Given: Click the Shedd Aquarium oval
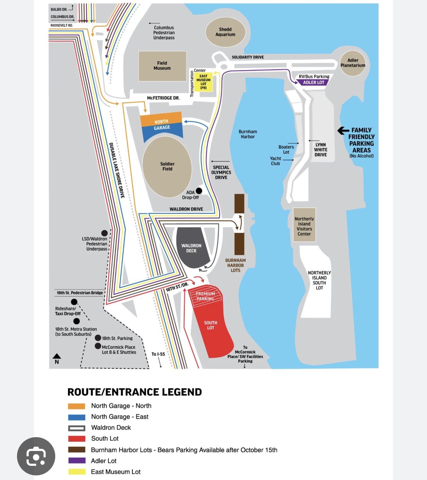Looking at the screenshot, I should click(225, 32).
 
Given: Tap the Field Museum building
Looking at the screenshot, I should click(162, 66).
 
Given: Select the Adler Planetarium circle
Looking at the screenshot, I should click(353, 63).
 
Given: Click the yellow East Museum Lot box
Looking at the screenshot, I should click(203, 82).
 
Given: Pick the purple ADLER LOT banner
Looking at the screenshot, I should click(314, 83).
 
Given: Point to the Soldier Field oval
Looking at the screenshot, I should click(167, 166).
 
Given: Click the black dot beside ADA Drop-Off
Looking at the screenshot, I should click(199, 191).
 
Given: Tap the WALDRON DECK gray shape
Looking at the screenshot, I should click(191, 248).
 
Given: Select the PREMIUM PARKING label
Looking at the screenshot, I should click(205, 296).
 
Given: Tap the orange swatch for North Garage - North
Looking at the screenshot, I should click(76, 406).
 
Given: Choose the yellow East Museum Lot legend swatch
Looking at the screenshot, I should click(76, 472).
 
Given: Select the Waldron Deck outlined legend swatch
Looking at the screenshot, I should click(76, 428).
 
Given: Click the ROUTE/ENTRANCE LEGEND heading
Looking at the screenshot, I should click(135, 392).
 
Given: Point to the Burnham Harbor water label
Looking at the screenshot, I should click(247, 134).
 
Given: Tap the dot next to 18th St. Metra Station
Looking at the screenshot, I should click(76, 321).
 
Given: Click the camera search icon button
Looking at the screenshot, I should click(36, 456).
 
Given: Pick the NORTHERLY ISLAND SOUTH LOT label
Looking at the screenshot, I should click(319, 280).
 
